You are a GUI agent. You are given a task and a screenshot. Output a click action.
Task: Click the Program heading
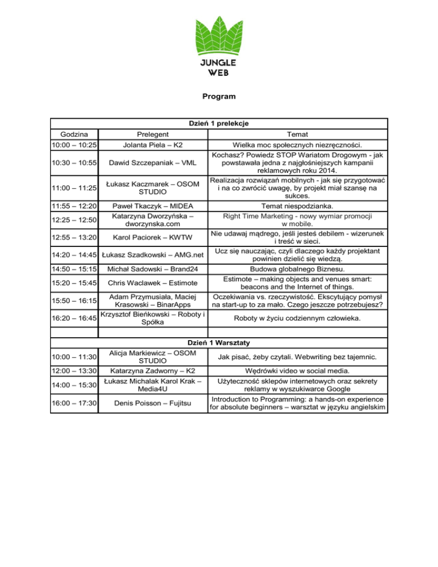click(x=218, y=97)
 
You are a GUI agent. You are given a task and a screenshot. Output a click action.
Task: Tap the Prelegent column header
click(x=152, y=134)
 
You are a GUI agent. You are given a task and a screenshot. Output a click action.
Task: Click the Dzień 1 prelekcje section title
click(x=219, y=123)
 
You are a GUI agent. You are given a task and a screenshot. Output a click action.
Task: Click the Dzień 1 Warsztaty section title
click(x=219, y=343)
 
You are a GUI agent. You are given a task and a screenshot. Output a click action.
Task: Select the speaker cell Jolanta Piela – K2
click(x=152, y=145)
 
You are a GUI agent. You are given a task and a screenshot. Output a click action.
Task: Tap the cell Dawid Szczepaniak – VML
click(x=152, y=164)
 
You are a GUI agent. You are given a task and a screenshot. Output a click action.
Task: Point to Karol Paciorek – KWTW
click(x=152, y=236)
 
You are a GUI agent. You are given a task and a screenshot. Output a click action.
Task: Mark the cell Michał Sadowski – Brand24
click(x=152, y=268)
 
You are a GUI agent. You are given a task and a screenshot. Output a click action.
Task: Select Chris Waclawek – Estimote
click(x=152, y=283)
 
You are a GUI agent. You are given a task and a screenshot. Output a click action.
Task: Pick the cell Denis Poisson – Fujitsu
click(x=152, y=403)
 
